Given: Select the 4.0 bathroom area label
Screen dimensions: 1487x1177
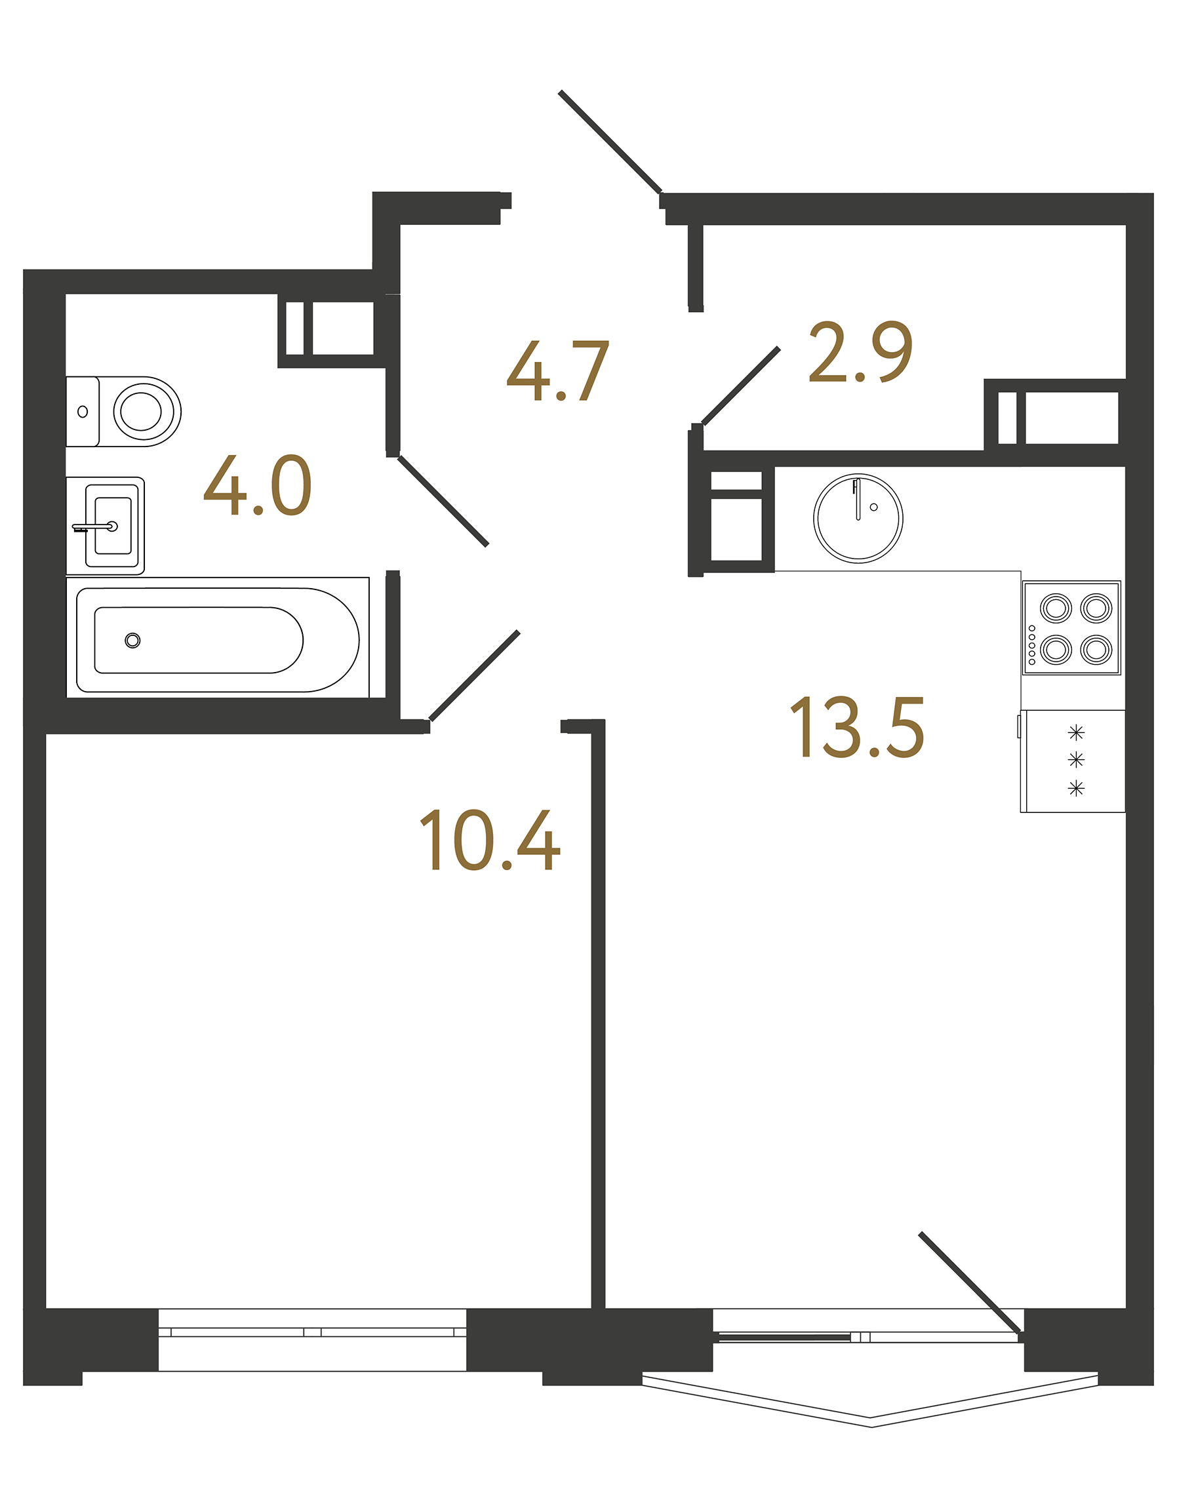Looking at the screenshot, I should [258, 485].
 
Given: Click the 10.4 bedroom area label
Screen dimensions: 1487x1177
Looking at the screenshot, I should [490, 840].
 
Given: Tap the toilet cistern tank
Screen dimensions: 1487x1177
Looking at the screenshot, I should [83, 411].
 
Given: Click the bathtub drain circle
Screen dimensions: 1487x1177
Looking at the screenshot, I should [133, 640].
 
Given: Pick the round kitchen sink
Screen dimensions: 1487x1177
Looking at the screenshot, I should [858, 518].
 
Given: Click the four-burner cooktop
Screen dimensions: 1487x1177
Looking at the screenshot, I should [1071, 627].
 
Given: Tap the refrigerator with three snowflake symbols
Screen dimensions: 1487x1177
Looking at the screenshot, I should [1073, 761].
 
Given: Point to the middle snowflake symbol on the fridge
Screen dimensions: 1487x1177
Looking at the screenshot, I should [1076, 760].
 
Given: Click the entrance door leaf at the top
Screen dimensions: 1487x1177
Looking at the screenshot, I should [610, 141].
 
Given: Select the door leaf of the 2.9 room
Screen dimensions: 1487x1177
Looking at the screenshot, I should [741, 386].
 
